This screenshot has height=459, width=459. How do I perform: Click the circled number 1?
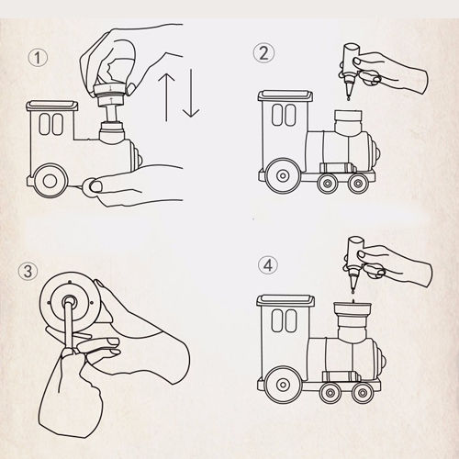[x=38, y=58]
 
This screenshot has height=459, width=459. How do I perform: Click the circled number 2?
[x=263, y=53]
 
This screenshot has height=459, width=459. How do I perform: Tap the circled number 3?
[x=28, y=271]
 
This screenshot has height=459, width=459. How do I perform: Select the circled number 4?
[x=268, y=265]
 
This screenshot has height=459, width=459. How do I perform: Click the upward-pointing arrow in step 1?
[x=166, y=96]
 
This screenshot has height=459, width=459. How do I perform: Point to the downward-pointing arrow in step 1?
[x=191, y=94]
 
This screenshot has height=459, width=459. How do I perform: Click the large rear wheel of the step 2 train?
[x=283, y=175]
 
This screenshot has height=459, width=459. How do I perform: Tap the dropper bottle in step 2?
[x=350, y=71]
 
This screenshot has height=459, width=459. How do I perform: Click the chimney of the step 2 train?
[x=349, y=122]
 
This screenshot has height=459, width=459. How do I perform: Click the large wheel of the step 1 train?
[x=50, y=181]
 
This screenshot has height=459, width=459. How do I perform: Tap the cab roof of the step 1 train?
[x=52, y=106]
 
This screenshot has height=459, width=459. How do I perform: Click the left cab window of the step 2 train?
[x=277, y=115]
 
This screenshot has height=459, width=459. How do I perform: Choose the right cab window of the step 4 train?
[x=291, y=320]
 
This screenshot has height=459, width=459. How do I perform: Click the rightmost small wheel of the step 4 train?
[x=362, y=393]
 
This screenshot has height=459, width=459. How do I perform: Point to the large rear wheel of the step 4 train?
[x=283, y=385]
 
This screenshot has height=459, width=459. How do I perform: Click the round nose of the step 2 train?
[x=375, y=151]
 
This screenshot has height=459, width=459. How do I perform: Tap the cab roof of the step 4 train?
[x=285, y=300]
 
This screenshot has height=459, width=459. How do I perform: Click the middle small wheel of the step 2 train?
[x=328, y=183]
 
